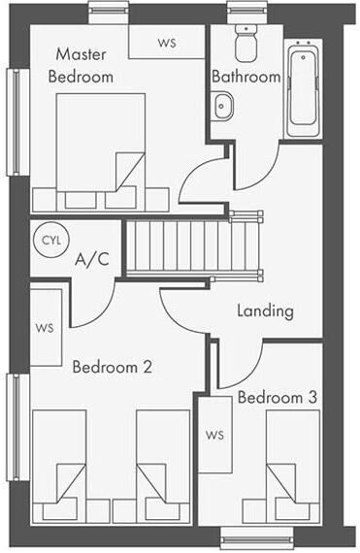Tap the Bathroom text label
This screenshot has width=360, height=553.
tap(245, 76)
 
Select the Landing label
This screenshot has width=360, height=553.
tap(265, 311)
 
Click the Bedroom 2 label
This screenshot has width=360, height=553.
tap(113, 368)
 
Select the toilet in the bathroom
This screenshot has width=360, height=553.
tap(244, 41)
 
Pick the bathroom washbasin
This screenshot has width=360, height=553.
tap(222, 104)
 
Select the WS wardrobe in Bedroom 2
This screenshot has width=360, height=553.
tap(46, 327)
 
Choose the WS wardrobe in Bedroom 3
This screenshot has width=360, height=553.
tap(214, 436)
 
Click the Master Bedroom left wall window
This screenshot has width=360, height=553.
tap(14, 122)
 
